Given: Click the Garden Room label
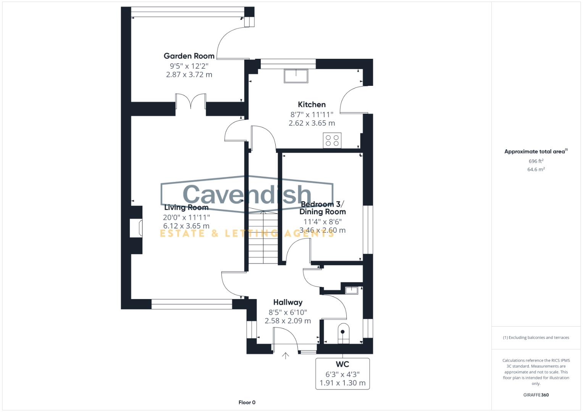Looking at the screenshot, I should coord(189,56).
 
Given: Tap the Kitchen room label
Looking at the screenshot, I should coord(312,105).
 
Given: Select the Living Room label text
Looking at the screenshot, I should coord(186,208).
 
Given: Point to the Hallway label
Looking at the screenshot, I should coord(288,303).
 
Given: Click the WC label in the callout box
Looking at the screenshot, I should coord(342,364).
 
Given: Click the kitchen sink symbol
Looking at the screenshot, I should coord(296,76).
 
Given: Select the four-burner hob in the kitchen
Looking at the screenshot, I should coord(332,140).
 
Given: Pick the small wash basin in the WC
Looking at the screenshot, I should coord(351,290).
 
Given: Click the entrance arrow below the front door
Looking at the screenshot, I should coord(285,356).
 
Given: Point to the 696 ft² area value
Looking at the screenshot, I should coord(536,161).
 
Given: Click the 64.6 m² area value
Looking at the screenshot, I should coord(536,169).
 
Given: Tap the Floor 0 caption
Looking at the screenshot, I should coord(247,402).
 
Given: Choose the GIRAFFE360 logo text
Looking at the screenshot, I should coord(536,395).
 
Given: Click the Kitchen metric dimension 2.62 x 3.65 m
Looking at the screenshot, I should coord(312,123).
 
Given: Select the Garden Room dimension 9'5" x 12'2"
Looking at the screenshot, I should coord(189,66).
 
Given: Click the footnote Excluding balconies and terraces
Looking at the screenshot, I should coord(536,338).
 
